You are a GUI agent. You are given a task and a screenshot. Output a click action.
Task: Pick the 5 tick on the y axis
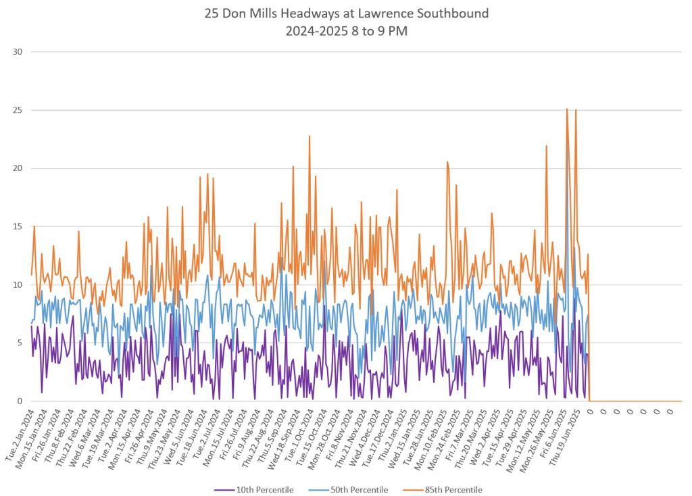click(x=19, y=343)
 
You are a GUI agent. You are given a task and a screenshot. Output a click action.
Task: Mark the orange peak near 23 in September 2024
click(x=310, y=136)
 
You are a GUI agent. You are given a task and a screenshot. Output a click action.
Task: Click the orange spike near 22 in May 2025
click(x=546, y=146)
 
